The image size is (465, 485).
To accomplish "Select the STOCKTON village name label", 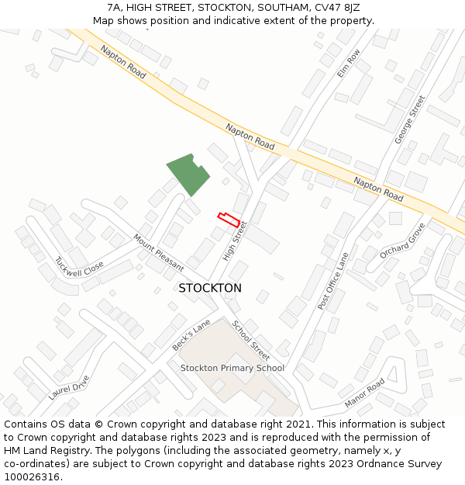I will point(210,288).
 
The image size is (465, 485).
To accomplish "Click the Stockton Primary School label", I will point(232,368).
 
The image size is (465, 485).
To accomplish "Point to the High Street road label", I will point(234,241).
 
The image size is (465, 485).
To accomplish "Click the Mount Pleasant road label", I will point(158,253).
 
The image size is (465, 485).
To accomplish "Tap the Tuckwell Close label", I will point(79,268).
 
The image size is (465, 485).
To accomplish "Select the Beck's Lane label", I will point(191,334).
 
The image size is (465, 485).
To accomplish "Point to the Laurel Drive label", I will point(69,387).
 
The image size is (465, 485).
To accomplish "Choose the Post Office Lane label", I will point(333,281).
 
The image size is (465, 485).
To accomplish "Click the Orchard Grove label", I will point(402,241).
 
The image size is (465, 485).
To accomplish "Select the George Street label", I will point(410,120).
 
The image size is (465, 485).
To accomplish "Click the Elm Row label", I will point(349,63).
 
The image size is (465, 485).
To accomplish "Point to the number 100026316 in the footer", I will point(30,477).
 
